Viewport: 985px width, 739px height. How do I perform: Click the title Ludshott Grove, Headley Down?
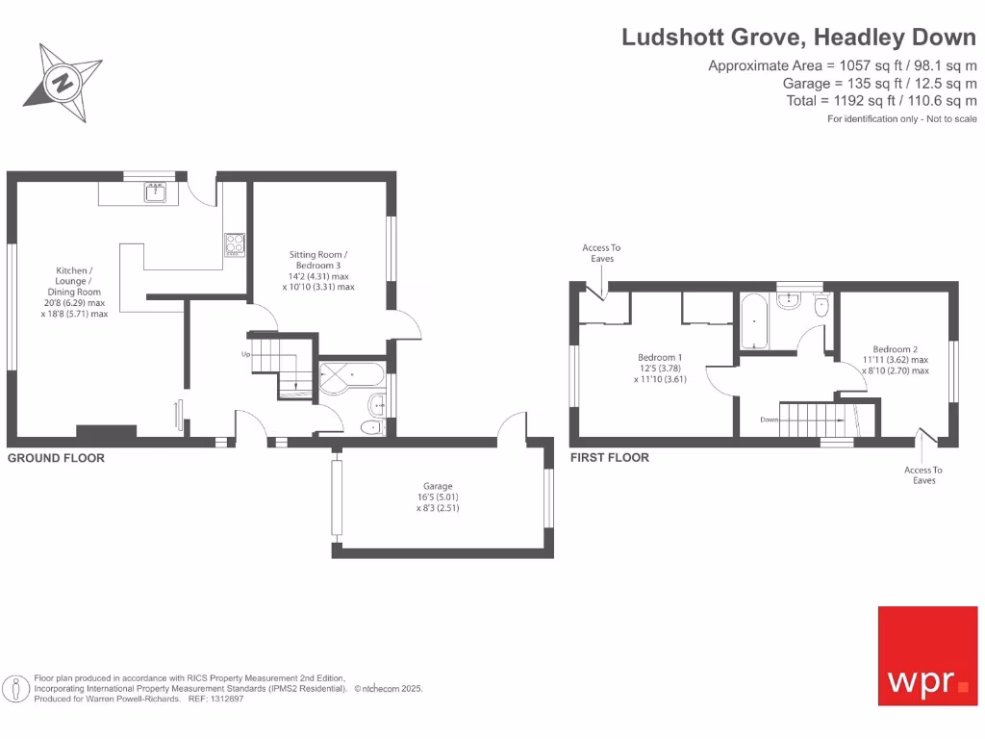coord(798,37)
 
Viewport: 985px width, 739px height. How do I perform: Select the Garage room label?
coord(438,497)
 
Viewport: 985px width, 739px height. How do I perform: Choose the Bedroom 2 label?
coord(895,359)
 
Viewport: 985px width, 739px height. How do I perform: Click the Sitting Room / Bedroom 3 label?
coord(318,270)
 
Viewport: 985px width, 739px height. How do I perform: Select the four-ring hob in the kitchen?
coord(235,244)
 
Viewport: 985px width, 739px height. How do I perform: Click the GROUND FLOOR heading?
coord(56,458)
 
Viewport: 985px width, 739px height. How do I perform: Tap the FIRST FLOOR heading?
coord(610,457)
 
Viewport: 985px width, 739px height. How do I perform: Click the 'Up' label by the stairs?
coord(246,355)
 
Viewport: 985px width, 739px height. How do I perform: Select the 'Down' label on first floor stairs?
coord(769,420)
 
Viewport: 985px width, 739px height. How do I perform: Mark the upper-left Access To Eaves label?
coord(601,253)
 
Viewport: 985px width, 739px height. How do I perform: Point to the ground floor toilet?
coord(369,427)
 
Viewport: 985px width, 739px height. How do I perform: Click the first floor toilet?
coord(821,307)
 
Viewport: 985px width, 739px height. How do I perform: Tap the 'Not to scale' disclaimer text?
coord(902,118)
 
